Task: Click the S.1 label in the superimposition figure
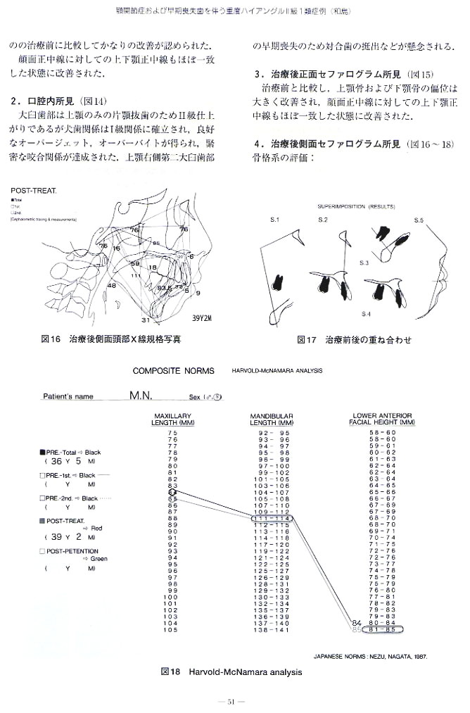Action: tap(274, 221)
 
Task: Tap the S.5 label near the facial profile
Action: tap(419, 221)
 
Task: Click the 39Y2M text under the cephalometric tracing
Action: tap(204, 317)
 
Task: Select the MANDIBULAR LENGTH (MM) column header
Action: tap(271, 419)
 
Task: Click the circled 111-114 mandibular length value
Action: tap(272, 519)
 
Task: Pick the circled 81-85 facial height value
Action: tap(382, 629)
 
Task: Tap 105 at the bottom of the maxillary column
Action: tap(172, 629)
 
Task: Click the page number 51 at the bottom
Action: tap(234, 700)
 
